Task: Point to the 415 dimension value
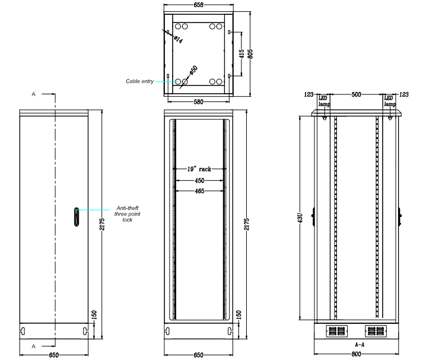[241, 53]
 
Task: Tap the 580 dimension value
[198, 102]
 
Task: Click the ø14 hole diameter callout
[178, 39]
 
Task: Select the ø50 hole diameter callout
[193, 71]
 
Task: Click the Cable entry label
[139, 81]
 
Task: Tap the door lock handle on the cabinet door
[77, 216]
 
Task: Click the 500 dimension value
[356, 94]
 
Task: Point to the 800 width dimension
[356, 354]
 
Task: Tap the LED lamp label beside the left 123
[324, 101]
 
